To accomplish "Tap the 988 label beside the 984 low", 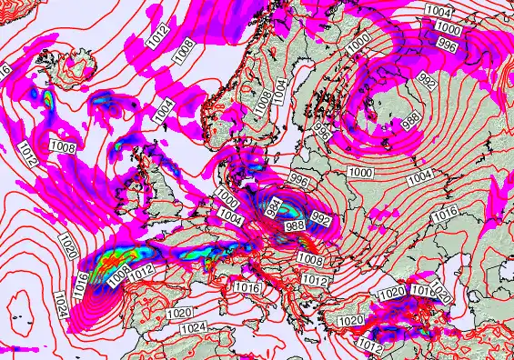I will [295, 225].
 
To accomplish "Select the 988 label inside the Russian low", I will [411, 118].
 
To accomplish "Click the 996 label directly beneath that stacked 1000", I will [447, 43].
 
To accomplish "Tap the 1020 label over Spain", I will [179, 313].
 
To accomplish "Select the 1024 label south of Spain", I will [193, 328].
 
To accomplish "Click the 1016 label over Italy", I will [247, 287].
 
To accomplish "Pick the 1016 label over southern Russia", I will [444, 214].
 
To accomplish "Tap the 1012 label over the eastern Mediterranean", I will [369, 345].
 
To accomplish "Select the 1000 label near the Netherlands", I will [228, 202].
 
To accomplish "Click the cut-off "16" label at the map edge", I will [5, 69].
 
